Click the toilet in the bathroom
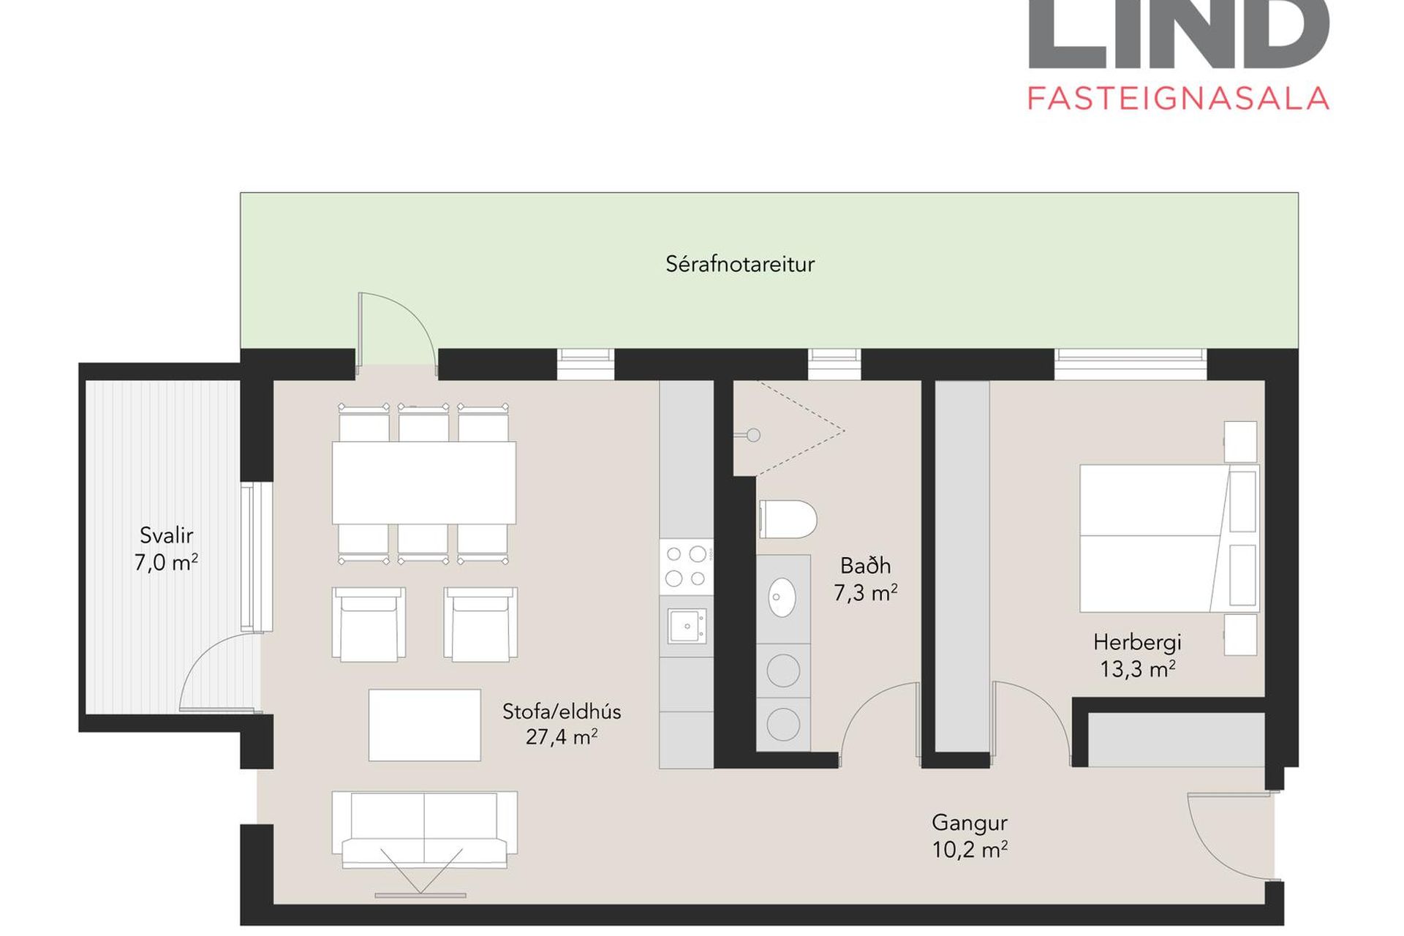[788, 519]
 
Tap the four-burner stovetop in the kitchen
[686, 566]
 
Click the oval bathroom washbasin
[782, 597]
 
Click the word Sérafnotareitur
[740, 264]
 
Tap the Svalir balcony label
[167, 535]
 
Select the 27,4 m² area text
[562, 737]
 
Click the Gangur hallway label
[970, 823]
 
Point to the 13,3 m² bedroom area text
[1138, 669]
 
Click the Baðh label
[866, 565]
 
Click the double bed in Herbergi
[1169, 538]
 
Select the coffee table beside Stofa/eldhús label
[425, 725]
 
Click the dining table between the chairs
[424, 483]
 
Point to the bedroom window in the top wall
[1131, 364]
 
